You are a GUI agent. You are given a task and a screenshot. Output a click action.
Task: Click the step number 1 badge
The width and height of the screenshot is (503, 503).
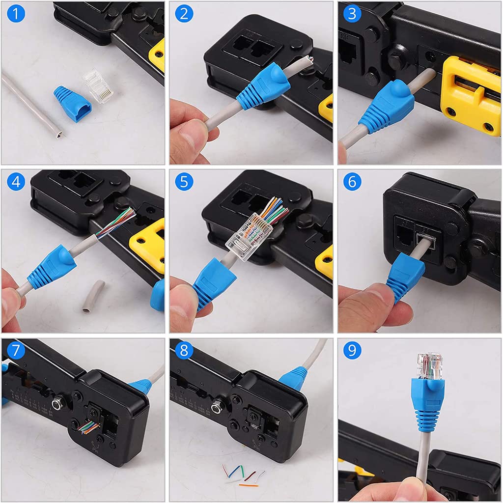tap(16, 14)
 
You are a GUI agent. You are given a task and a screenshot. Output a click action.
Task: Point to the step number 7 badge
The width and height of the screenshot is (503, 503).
tap(16, 350)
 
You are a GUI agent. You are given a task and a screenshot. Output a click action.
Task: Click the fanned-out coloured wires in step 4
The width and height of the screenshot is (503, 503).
tap(118, 222)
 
